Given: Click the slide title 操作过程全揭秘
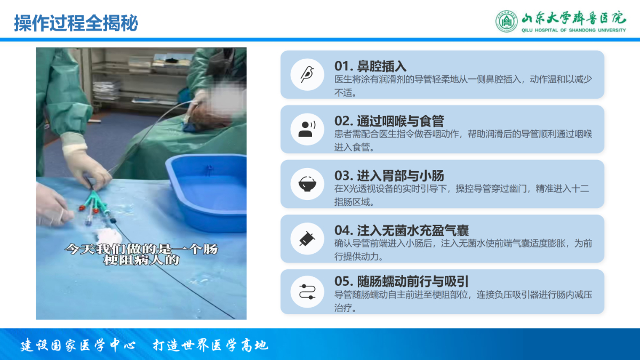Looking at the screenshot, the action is (76, 23).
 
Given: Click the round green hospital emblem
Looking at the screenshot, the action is (506, 21).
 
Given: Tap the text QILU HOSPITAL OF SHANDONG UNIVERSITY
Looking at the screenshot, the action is (573, 30).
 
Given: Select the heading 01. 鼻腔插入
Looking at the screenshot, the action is (370, 66).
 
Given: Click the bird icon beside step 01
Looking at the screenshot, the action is (307, 75).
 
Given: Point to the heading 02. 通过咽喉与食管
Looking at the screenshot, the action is (389, 121).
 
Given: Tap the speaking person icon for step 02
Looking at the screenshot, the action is (307, 129).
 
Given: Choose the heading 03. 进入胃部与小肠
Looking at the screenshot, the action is (389, 175).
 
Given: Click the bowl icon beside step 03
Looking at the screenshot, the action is (307, 183).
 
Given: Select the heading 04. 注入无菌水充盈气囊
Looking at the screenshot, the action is (402, 230).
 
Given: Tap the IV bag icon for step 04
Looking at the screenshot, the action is (307, 238).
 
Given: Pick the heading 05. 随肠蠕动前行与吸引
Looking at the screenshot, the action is (402, 282).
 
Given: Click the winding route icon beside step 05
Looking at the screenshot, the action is (307, 292).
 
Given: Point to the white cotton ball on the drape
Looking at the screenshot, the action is (109, 236).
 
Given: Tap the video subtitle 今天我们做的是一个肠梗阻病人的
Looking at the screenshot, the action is (141, 254).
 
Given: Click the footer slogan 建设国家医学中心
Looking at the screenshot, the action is (78, 345).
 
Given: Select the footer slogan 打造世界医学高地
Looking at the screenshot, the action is (211, 345).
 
